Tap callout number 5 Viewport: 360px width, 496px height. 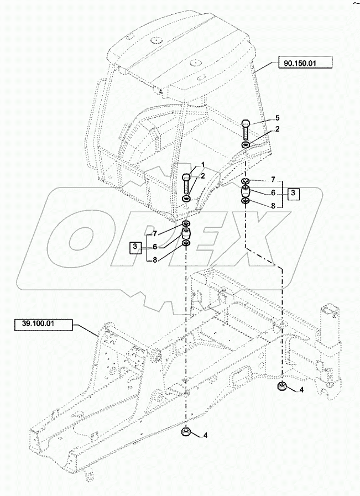pos(278,118)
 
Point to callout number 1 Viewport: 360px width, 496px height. pos(202,164)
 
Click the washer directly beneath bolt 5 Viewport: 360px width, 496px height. pos(246,145)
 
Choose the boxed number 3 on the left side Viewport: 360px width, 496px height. pos(134,246)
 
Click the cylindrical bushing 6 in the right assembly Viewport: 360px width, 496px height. pos(246,192)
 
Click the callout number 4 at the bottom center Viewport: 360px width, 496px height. pos(205,436)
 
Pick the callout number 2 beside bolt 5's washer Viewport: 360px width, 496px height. pos(278,129)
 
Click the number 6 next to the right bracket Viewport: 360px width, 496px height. pos(273,193)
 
